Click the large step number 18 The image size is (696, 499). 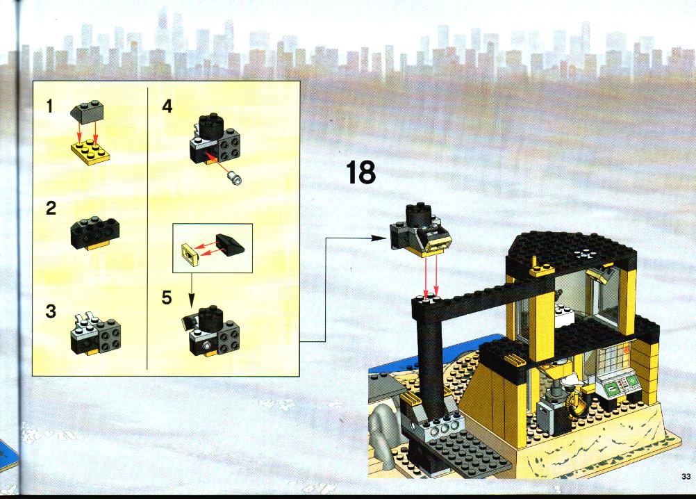[x=361, y=172]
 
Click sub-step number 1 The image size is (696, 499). [x=49, y=106]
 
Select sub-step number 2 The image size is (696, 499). [x=51, y=208]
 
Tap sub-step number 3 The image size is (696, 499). [x=51, y=311]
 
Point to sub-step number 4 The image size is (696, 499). [x=167, y=106]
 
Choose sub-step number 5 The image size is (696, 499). [x=167, y=297]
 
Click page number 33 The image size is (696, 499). [x=686, y=477]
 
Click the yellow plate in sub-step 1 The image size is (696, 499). [x=90, y=152]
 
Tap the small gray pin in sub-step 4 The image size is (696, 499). [x=234, y=178]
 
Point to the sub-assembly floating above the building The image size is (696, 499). [x=420, y=230]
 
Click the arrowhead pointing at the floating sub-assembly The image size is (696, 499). [x=379, y=238]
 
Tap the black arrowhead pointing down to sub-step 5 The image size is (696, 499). [x=191, y=301]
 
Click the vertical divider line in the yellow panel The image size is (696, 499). [x=147, y=228]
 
